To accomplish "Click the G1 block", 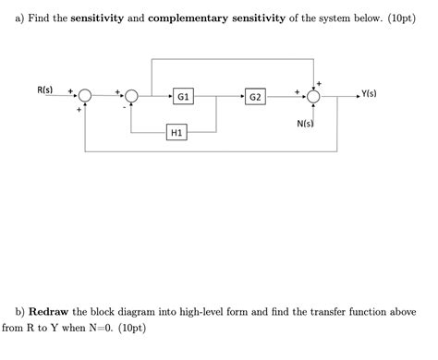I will point(183,95).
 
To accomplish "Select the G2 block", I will point(256,95).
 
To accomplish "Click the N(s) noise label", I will point(306,123).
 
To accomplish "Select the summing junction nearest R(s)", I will point(85,95).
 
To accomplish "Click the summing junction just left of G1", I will point(131,95).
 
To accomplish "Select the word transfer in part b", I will point(327,311).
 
